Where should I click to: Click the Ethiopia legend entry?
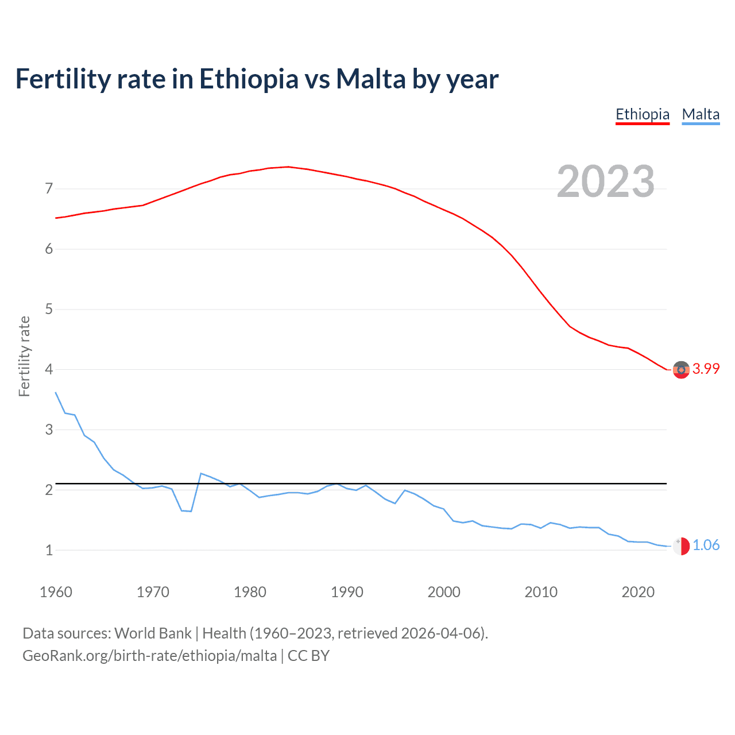coord(643,114)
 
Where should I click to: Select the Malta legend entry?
coord(701,114)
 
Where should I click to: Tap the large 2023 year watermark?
coord(606,181)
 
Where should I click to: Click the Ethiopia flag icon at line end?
coord(681,370)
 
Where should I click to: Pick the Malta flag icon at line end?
coord(681,546)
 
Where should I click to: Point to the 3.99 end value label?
coord(706,369)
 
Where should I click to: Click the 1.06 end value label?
coord(706,546)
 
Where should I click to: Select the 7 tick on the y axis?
coord(49,189)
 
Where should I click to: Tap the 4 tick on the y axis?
coord(49,369)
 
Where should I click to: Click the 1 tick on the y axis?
coord(49,550)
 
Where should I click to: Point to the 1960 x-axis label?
coord(56,592)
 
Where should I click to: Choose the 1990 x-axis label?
coord(347,592)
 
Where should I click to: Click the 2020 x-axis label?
coord(638,592)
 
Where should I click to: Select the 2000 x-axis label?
coord(444,592)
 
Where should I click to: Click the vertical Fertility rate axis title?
coord(24,356)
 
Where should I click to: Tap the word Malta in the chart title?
coord(370,79)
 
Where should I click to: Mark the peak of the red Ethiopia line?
coord(288,167)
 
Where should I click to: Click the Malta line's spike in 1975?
coord(201,473)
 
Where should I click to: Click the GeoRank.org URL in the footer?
coord(149,656)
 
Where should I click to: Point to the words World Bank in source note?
coord(153,633)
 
